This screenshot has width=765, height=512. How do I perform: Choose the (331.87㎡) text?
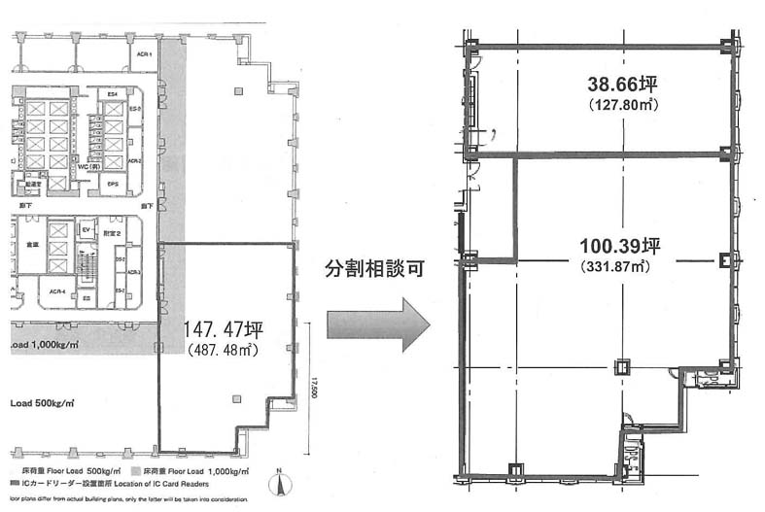coord(611,265)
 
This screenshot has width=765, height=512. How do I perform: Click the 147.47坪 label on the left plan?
coord(225,332)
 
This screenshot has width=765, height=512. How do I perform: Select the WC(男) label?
coord(104,165)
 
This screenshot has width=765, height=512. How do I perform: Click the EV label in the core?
coord(86,229)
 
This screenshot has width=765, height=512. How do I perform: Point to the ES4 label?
coord(113,93)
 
